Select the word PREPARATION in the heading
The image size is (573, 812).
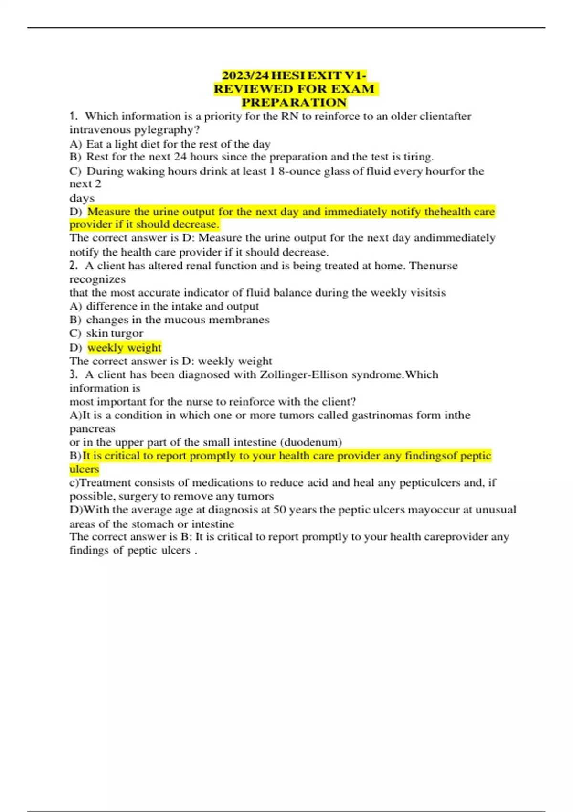pyautogui.click(x=294, y=102)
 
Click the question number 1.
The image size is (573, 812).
pyautogui.click(x=73, y=116)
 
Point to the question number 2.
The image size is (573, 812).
pyautogui.click(x=73, y=266)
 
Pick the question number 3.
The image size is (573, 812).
pyautogui.click(x=73, y=374)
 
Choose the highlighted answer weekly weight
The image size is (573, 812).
pyautogui.click(x=125, y=347)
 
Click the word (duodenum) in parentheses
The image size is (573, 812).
pyautogui.click(x=313, y=442)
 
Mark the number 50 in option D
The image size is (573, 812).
pyautogui.click(x=279, y=510)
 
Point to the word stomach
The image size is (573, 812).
pyautogui.click(x=152, y=524)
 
